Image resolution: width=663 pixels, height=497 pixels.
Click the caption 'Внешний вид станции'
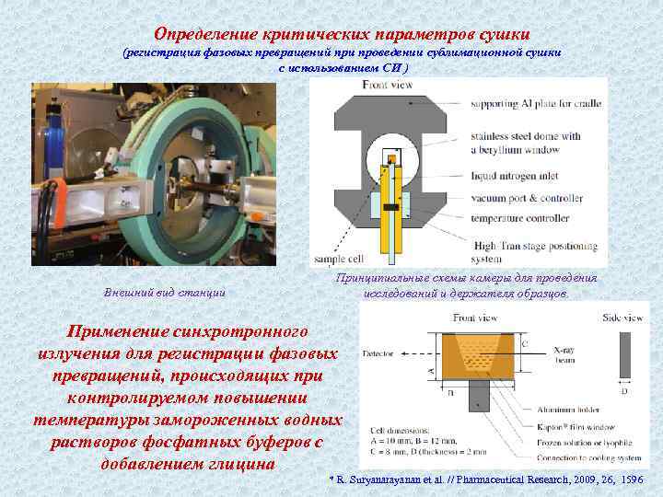coord(166,293)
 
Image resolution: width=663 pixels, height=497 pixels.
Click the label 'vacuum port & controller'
coord(526,198)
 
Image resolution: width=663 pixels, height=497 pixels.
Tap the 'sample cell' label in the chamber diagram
coord(339,260)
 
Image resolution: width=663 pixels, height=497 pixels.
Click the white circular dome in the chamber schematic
coord(394,166)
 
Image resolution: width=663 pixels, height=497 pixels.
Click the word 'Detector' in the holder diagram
coord(378,353)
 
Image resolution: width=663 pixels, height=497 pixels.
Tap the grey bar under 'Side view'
coord(625,353)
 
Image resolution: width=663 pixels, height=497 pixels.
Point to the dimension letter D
coord(626,389)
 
